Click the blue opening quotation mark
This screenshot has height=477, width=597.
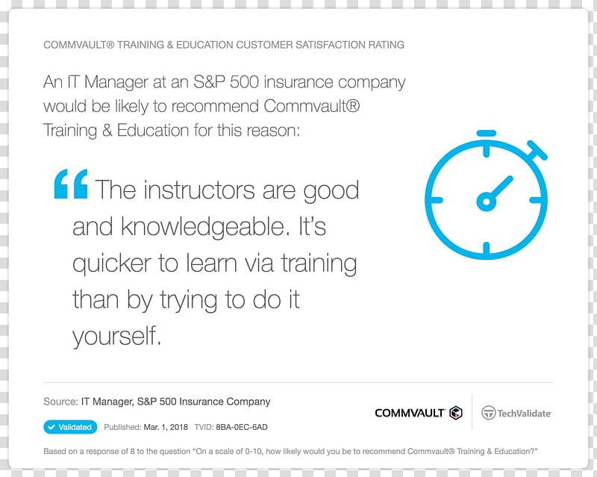pyautogui.click(x=71, y=184)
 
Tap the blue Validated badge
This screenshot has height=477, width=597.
pyautogui.click(x=70, y=427)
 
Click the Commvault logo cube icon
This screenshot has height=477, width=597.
pyautogui.click(x=456, y=413)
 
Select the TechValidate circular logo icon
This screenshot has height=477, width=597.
pyautogui.click(x=488, y=413)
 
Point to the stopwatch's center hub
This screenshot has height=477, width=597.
pyautogui.click(x=486, y=200)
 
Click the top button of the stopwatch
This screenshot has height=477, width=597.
pyautogui.click(x=487, y=133)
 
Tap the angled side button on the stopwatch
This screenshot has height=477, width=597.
pyautogui.click(x=537, y=150)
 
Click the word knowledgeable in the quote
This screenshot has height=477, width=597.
pyautogui.click(x=202, y=227)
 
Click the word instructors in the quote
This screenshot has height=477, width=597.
pyautogui.click(x=199, y=190)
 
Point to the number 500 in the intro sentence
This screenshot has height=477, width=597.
pyautogui.click(x=244, y=82)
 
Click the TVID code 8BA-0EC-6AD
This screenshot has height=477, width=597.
pyautogui.click(x=242, y=427)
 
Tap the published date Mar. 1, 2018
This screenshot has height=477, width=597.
pyautogui.click(x=166, y=427)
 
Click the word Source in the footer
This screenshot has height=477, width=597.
pyautogui.click(x=60, y=402)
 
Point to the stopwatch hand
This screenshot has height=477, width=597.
pyautogui.click(x=499, y=188)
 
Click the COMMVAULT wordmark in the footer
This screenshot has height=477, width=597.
pyautogui.click(x=410, y=413)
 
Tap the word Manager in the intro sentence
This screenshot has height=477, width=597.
pyautogui.click(x=116, y=83)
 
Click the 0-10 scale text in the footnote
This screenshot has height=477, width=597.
pyautogui.click(x=253, y=451)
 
